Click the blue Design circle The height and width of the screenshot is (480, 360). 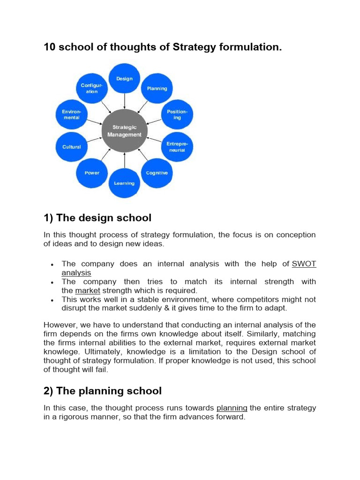[x=124, y=79]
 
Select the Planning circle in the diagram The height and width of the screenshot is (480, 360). [x=157, y=89]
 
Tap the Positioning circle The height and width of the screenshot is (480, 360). [x=177, y=115]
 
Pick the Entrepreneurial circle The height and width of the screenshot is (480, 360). [x=177, y=147]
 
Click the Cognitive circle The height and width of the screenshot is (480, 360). [x=157, y=173]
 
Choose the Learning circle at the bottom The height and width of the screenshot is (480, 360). [x=124, y=183]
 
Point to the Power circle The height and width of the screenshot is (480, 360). [x=92, y=173]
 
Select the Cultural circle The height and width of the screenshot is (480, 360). [x=72, y=147]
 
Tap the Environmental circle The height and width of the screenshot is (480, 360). [x=72, y=115]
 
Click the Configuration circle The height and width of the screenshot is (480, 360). [x=92, y=89]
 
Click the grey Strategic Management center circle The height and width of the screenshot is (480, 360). [x=124, y=131]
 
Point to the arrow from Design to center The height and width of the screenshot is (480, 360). [x=124, y=101]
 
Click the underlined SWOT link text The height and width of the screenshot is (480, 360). [x=304, y=264]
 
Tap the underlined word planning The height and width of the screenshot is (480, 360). [x=232, y=408]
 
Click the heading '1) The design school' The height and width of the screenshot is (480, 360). [x=97, y=217]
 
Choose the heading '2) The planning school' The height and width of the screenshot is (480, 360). [x=103, y=391]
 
